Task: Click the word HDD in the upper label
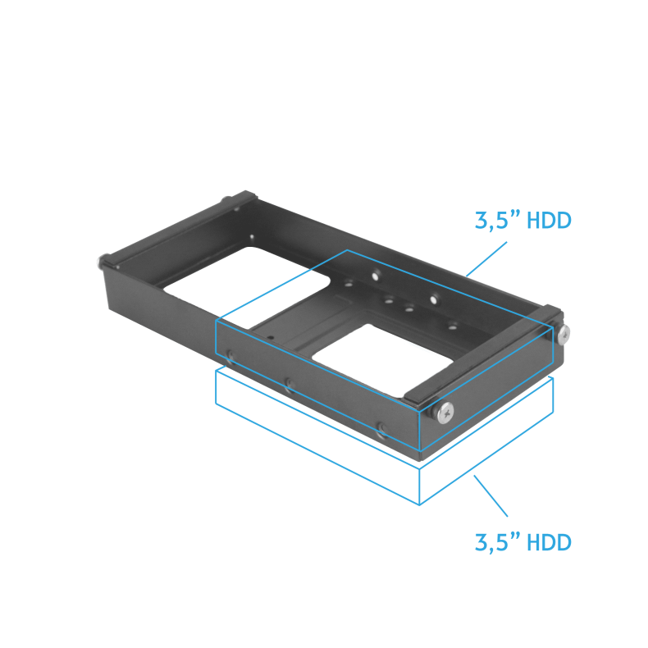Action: [x=549, y=221]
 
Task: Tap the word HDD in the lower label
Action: [x=549, y=542]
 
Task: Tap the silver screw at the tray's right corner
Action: [x=564, y=334]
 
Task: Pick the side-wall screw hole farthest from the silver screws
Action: [x=230, y=355]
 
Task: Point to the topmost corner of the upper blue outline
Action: [x=348, y=250]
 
